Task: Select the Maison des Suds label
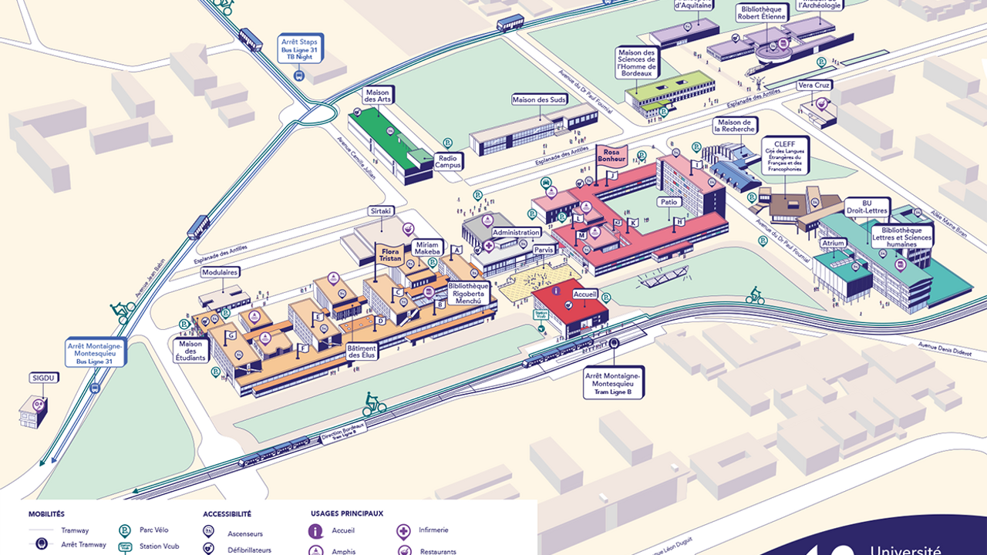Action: (x=534, y=99)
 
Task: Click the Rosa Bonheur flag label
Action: (x=611, y=156)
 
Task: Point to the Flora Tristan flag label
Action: (x=390, y=255)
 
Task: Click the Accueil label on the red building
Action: (x=585, y=294)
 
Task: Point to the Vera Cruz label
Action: (x=814, y=86)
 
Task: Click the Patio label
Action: (x=668, y=202)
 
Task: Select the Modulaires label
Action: (x=220, y=272)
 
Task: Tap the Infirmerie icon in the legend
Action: (x=403, y=531)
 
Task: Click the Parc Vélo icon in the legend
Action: (x=124, y=531)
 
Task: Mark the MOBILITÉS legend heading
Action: (x=46, y=513)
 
